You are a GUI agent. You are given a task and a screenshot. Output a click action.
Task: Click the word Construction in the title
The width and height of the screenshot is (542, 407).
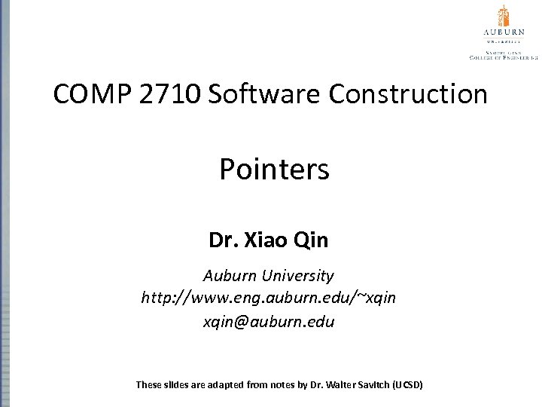(407, 94)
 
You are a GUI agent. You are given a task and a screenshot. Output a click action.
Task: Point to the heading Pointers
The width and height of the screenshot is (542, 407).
(274, 170)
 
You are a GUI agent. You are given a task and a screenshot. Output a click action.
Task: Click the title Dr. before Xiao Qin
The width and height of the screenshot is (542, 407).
(223, 241)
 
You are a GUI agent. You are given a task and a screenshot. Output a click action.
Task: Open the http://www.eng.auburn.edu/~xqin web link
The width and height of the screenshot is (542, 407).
(269, 298)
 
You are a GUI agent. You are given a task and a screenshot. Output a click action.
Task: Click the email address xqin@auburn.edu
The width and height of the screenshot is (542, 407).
(269, 321)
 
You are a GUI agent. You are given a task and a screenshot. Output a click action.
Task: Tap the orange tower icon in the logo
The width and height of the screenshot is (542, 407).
(503, 16)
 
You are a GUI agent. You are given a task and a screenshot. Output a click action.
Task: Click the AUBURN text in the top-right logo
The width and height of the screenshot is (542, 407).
(503, 32)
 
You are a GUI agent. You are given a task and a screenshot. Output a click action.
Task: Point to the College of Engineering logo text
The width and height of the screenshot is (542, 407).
(503, 56)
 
